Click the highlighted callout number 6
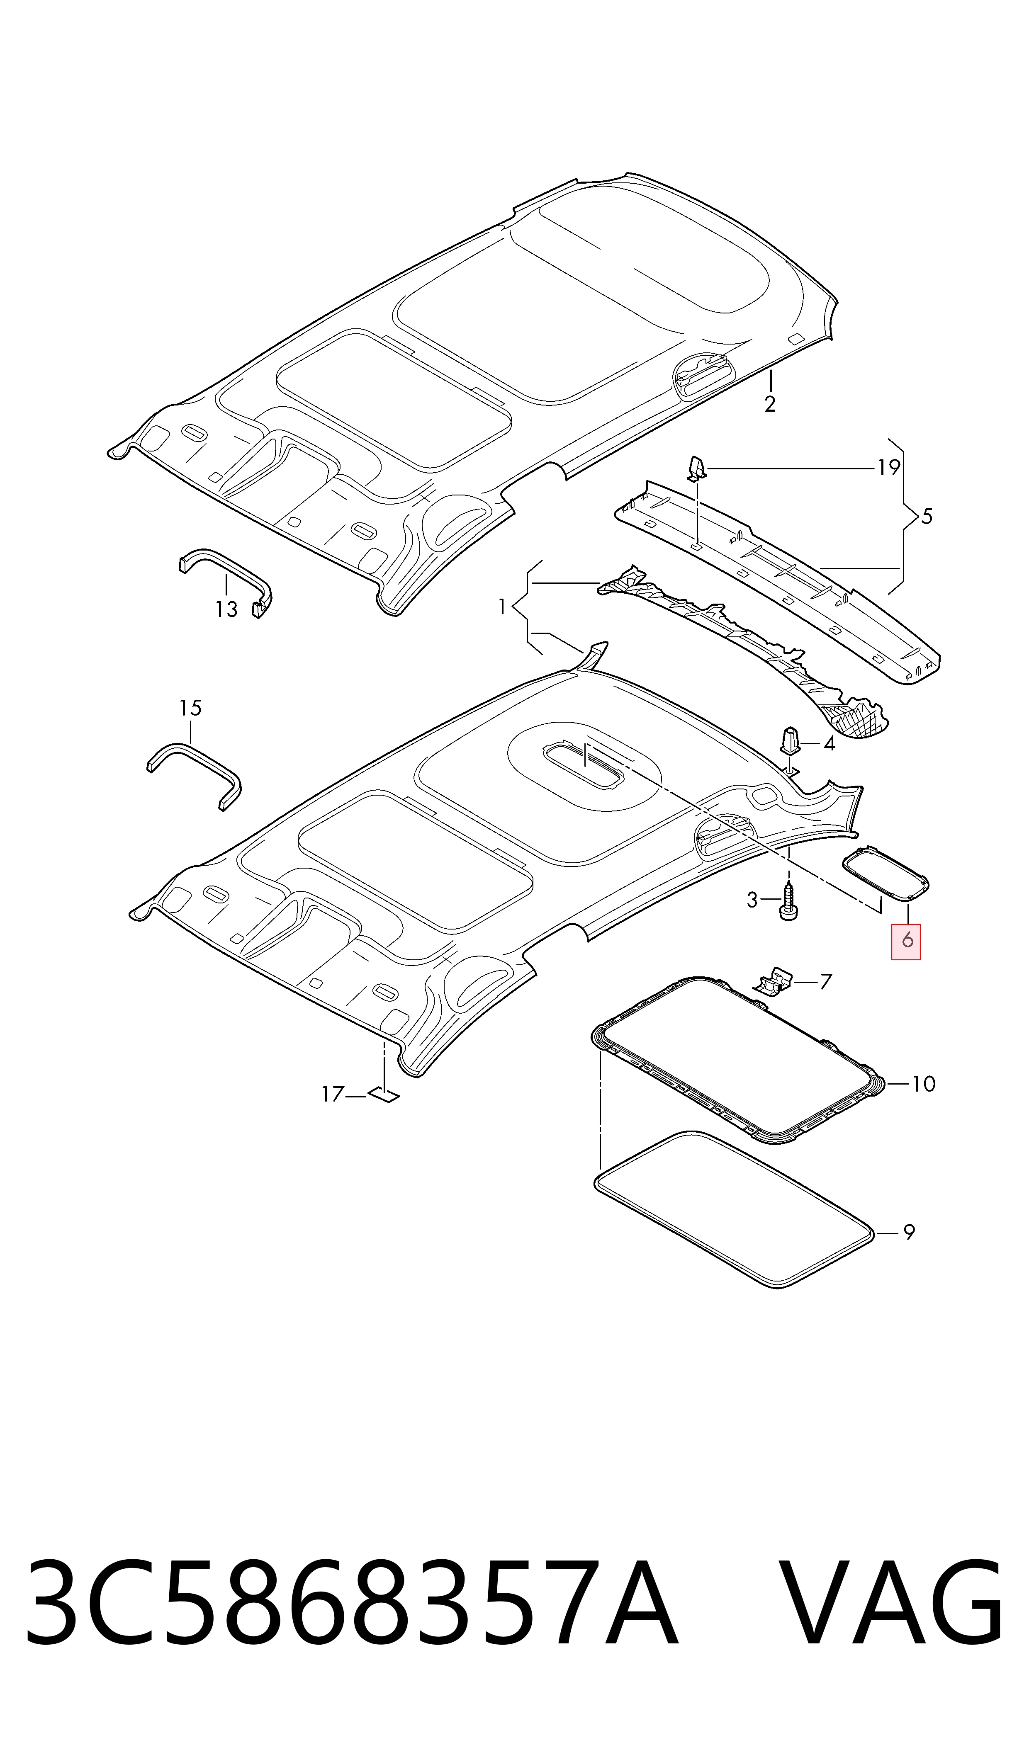[906, 941]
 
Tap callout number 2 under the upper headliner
[770, 404]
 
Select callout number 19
[888, 468]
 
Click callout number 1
[502, 607]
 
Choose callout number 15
[190, 708]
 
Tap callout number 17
[333, 1094]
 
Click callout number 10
[923, 1083]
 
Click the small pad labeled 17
[384, 1096]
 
